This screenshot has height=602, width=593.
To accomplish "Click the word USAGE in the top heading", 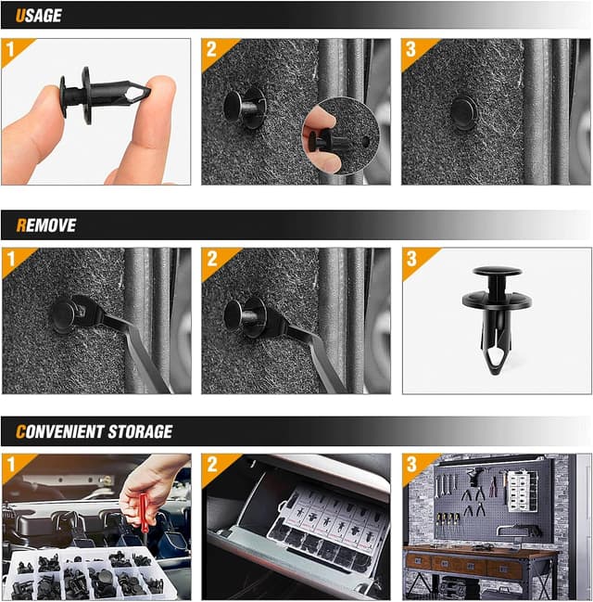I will pyautogui.click(x=39, y=16).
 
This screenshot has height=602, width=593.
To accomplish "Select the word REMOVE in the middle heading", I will pyautogui.click(x=46, y=225).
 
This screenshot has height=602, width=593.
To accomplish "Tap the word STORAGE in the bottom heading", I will pyautogui.click(x=139, y=431).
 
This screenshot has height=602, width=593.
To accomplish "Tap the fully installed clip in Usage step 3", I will pyautogui.click(x=463, y=113).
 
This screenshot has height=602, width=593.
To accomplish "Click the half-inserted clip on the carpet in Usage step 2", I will pyautogui.click(x=243, y=106).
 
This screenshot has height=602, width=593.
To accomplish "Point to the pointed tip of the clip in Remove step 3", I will pyautogui.click(x=497, y=365).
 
